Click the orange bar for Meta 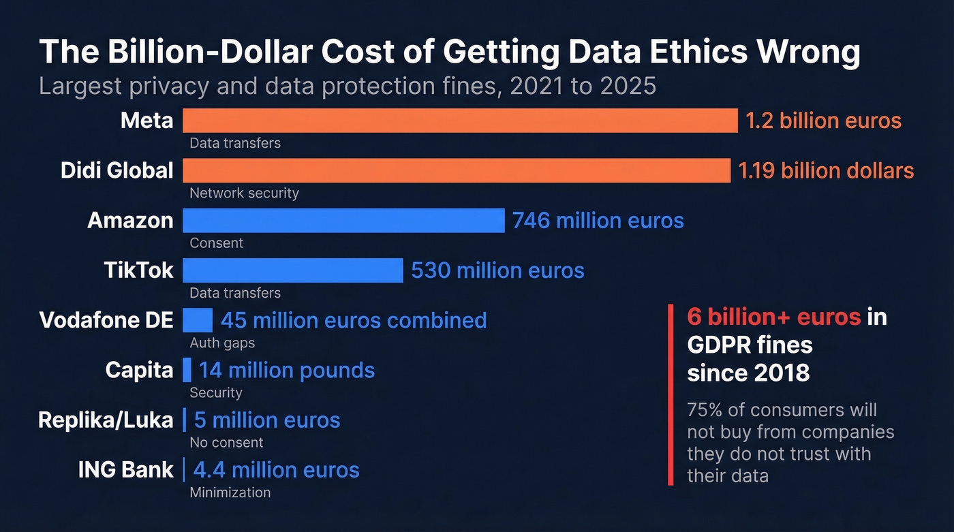click(x=460, y=121)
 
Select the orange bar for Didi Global click(x=457, y=170)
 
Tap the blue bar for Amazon click(x=343, y=221)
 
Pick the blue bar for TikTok click(x=293, y=270)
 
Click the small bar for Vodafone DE click(x=198, y=320)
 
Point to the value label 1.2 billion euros click(x=823, y=121)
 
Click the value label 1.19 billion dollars click(x=826, y=170)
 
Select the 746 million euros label click(x=598, y=221)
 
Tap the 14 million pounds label click(x=286, y=370)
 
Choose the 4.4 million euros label click(x=276, y=470)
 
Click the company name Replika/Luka click(x=106, y=420)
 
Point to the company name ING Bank click(x=126, y=470)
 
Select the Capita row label click(x=139, y=370)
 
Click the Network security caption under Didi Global click(x=244, y=193)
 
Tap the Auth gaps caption click(x=222, y=343)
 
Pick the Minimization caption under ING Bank click(x=230, y=492)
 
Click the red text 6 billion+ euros click(x=774, y=317)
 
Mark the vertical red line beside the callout click(x=671, y=395)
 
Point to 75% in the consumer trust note click(x=705, y=410)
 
